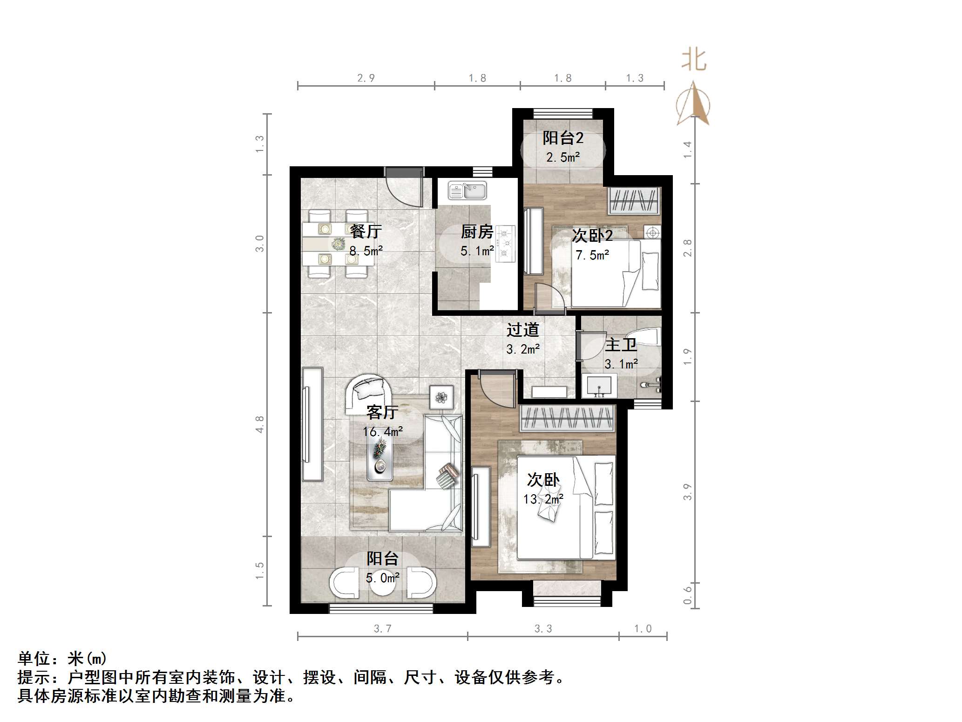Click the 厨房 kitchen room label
pos(477,232)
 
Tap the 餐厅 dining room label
pos(366,231)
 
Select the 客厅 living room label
pos(382,412)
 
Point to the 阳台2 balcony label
pos(563,138)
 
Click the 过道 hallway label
pos(523,330)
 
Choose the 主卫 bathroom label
pos(621,345)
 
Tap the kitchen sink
pos(467,191)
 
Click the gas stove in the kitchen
pos(505,242)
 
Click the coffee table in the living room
pos(379,459)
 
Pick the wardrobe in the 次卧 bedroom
pos(567,418)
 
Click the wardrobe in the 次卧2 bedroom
pos(634,200)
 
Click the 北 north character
pos(694,61)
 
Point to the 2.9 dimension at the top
pos(366,78)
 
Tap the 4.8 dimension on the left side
pos(259,424)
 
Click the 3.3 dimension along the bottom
pos(543,629)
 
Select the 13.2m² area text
pos(543,499)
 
